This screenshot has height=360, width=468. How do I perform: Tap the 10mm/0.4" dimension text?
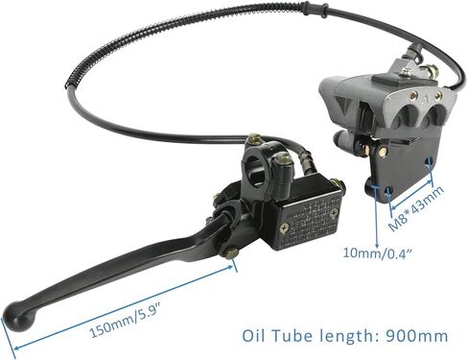click(x=377, y=254)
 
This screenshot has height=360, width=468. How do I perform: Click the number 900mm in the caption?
click(x=416, y=336)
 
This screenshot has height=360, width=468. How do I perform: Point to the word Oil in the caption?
click(x=253, y=336)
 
